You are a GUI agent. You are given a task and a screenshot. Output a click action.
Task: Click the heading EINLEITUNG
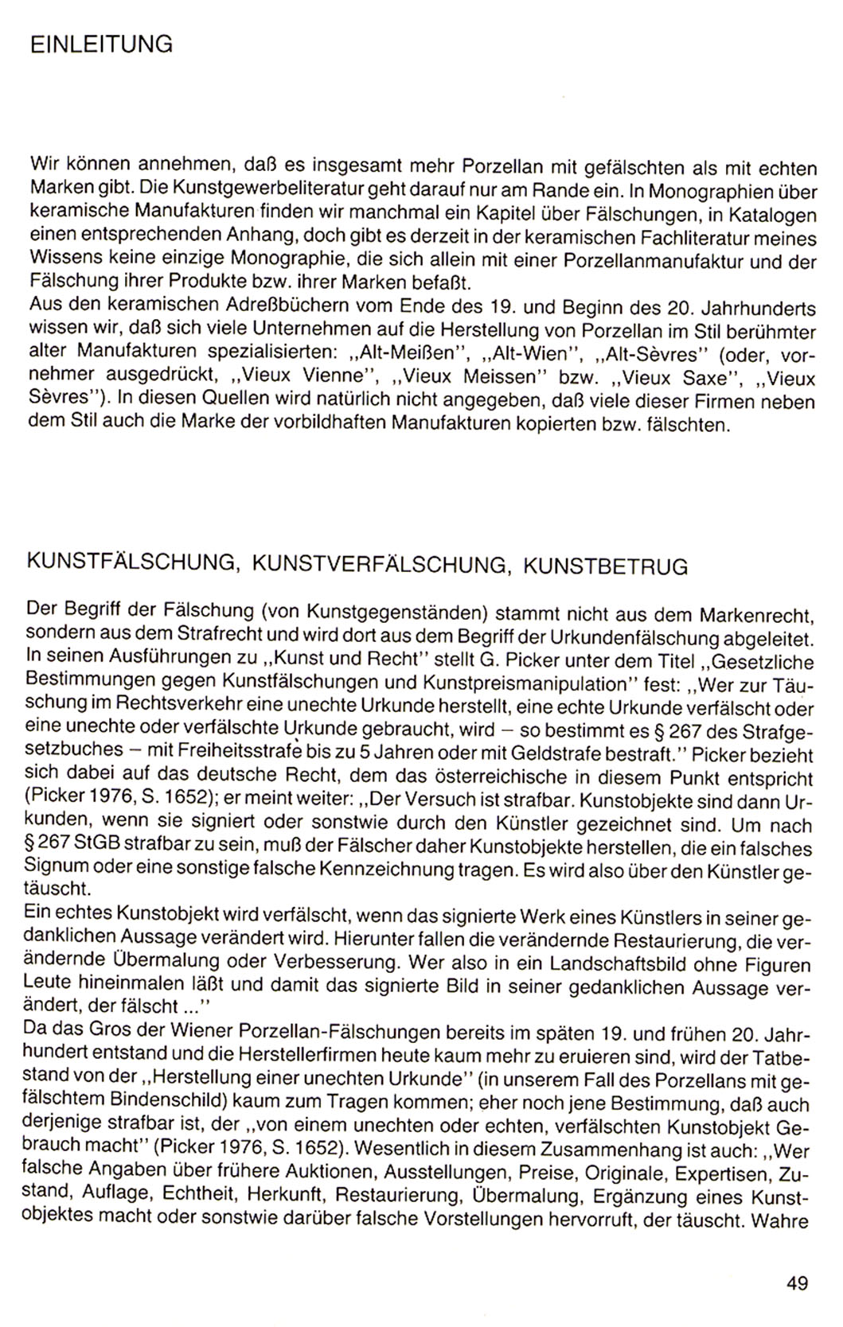(x=100, y=45)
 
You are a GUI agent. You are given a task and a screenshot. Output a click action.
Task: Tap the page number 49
(x=796, y=1282)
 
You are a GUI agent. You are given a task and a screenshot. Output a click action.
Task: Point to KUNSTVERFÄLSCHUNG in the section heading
(x=379, y=566)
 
